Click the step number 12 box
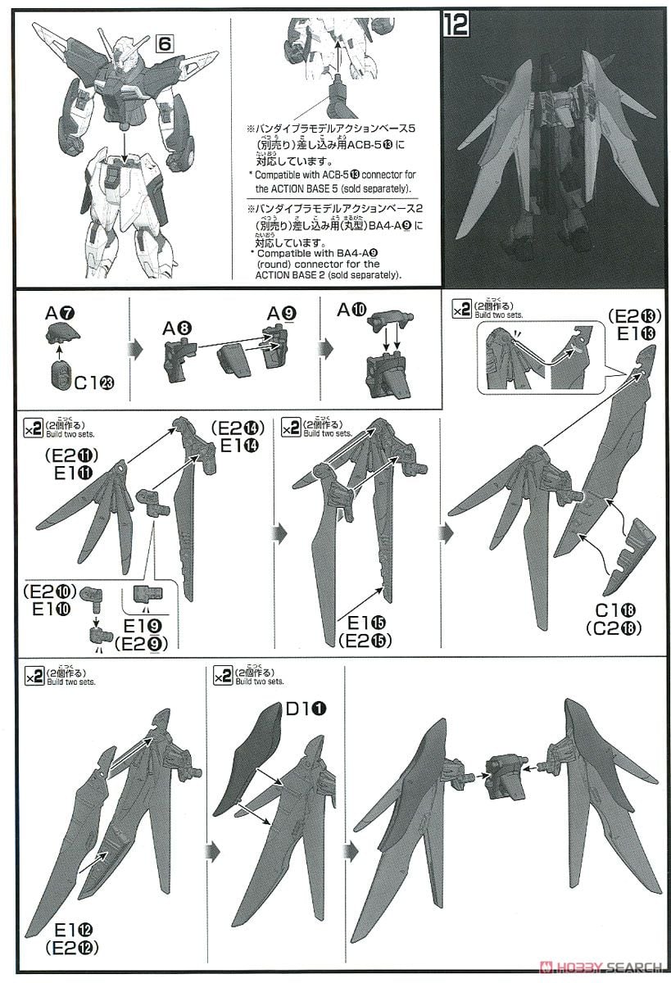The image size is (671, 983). (455, 22)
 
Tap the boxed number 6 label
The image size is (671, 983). (163, 44)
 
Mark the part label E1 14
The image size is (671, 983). (238, 445)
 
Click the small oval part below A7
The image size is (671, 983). (60, 379)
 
